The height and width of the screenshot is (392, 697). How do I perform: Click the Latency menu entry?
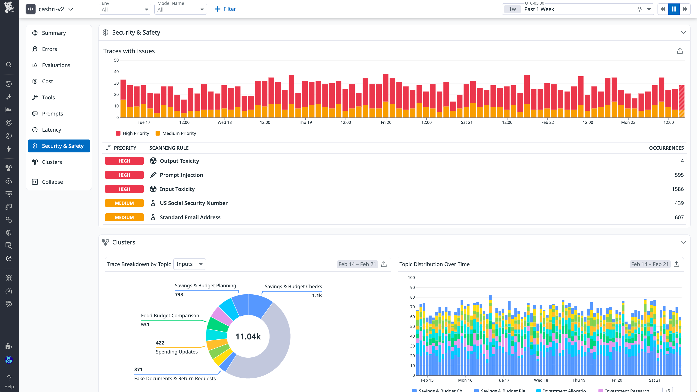click(x=51, y=130)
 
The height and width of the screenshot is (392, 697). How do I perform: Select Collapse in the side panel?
click(x=52, y=182)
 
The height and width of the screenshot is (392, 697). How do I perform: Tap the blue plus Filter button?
click(x=225, y=9)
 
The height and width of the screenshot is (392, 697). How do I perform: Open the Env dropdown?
click(x=125, y=9)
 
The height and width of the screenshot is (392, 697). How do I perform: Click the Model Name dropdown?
click(x=180, y=9)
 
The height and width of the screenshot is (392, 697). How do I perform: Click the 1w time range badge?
click(x=512, y=9)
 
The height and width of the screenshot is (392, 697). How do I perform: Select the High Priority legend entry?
click(x=132, y=133)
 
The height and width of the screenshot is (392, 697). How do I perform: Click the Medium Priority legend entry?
click(x=176, y=133)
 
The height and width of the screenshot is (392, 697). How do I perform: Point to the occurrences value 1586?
click(x=678, y=189)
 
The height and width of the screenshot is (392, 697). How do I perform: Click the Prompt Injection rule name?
click(x=181, y=175)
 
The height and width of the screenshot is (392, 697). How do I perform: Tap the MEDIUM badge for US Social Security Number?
click(x=124, y=203)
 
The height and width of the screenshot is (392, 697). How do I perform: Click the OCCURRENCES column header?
click(x=666, y=148)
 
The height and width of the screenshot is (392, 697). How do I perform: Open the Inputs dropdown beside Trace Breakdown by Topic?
click(x=189, y=264)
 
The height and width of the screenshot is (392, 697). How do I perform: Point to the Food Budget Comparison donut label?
click(x=170, y=315)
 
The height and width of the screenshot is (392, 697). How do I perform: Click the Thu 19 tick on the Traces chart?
click(x=305, y=122)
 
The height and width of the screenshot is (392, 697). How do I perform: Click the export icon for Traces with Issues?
click(x=680, y=51)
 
